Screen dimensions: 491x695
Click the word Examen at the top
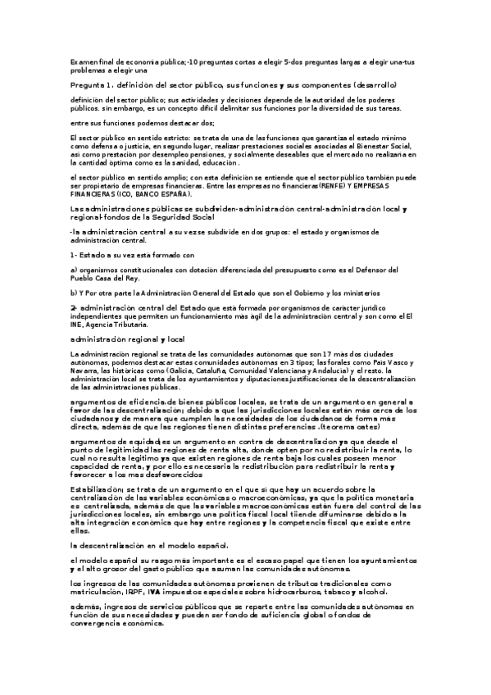click(84, 61)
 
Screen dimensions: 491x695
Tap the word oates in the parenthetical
click(366, 427)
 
